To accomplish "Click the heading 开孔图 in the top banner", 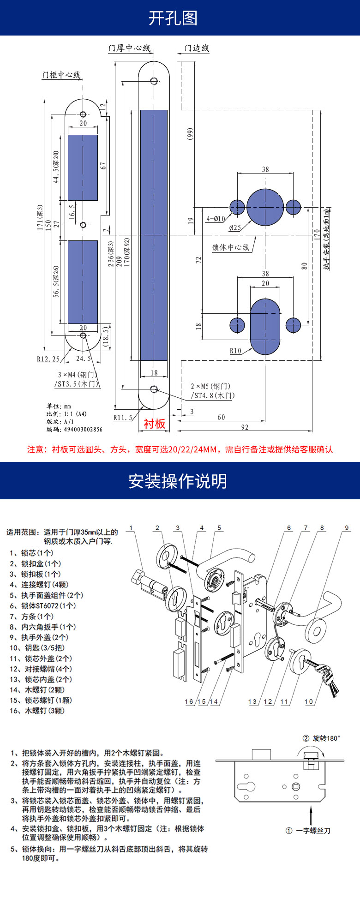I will click(173, 18).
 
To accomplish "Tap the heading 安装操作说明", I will click(178, 481).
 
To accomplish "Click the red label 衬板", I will click(155, 424).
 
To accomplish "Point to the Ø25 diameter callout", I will click(235, 227).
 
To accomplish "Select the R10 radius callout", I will click(235, 351).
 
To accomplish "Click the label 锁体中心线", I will click(230, 248).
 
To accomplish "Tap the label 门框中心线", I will click(61, 75).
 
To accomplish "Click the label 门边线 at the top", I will click(197, 48).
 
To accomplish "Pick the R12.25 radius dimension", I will click(48, 359).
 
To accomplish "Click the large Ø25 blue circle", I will click(265, 207).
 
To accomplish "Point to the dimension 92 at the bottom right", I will click(245, 427).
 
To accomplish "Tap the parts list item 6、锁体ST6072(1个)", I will click(43, 605).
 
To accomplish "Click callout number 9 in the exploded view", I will click(347, 528).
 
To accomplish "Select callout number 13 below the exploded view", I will click(252, 702).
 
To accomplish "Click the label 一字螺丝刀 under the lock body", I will click(313, 831).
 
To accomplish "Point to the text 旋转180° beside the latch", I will click(326, 738).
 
